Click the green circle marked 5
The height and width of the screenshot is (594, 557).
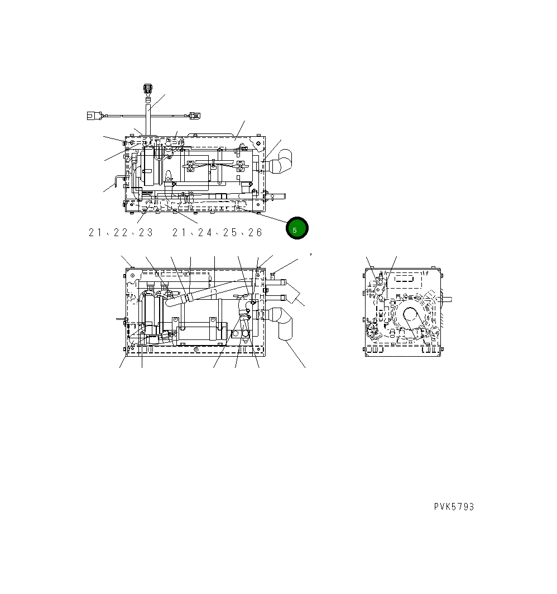point(297,228)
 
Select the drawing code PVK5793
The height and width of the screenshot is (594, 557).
point(454,507)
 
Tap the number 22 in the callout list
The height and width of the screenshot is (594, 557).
point(121,233)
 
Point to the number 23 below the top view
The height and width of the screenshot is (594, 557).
point(145,233)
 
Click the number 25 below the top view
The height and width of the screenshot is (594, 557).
point(229,233)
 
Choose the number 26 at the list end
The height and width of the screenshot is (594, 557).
point(255,233)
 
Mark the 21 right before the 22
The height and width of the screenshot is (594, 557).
point(95,233)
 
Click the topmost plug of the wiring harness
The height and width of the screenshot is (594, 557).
point(148,89)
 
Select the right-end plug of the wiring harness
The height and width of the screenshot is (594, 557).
point(193,116)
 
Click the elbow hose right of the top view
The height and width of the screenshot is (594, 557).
point(279,162)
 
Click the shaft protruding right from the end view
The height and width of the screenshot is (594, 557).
point(446,299)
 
